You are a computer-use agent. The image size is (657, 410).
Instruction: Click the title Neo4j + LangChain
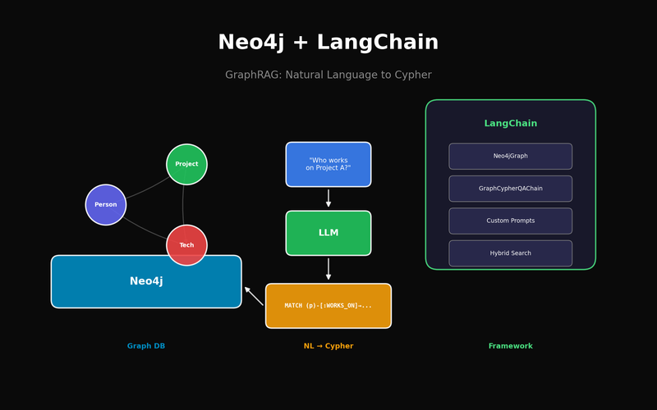pyautogui.click(x=328, y=43)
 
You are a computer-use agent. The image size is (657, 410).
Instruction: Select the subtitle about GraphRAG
pyautogui.click(x=328, y=75)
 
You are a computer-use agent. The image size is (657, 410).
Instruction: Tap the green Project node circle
pyautogui.click(x=186, y=164)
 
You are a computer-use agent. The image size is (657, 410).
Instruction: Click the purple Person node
pyautogui.click(x=106, y=204)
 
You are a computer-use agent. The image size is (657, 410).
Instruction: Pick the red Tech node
pyautogui.click(x=186, y=244)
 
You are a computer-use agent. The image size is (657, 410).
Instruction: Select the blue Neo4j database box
pyautogui.click(x=146, y=282)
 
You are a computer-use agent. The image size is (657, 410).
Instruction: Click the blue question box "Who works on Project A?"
pyautogui.click(x=328, y=164)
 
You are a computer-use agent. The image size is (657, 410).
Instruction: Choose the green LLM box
pyautogui.click(x=328, y=233)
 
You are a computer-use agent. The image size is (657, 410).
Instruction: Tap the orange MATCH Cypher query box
pyautogui.click(x=328, y=306)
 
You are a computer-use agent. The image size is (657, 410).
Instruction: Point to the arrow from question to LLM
pyautogui.click(x=328, y=198)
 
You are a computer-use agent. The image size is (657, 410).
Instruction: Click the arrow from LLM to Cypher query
pyautogui.click(x=328, y=269)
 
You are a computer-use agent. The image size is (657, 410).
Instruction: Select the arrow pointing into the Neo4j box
pyautogui.click(x=254, y=295)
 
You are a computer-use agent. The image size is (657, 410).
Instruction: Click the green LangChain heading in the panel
pyautogui.click(x=510, y=124)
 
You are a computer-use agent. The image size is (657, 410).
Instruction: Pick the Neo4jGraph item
pyautogui.click(x=510, y=156)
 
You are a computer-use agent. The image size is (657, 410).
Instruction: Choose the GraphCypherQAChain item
pyautogui.click(x=510, y=189)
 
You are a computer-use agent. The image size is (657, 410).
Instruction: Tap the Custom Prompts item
pyautogui.click(x=510, y=221)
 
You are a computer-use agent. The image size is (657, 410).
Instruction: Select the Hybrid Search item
pyautogui.click(x=510, y=253)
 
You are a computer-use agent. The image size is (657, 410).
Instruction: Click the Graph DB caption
pyautogui.click(x=146, y=346)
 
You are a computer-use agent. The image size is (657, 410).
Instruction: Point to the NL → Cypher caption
pyautogui.click(x=328, y=346)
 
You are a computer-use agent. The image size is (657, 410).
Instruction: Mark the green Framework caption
pyautogui.click(x=510, y=346)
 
